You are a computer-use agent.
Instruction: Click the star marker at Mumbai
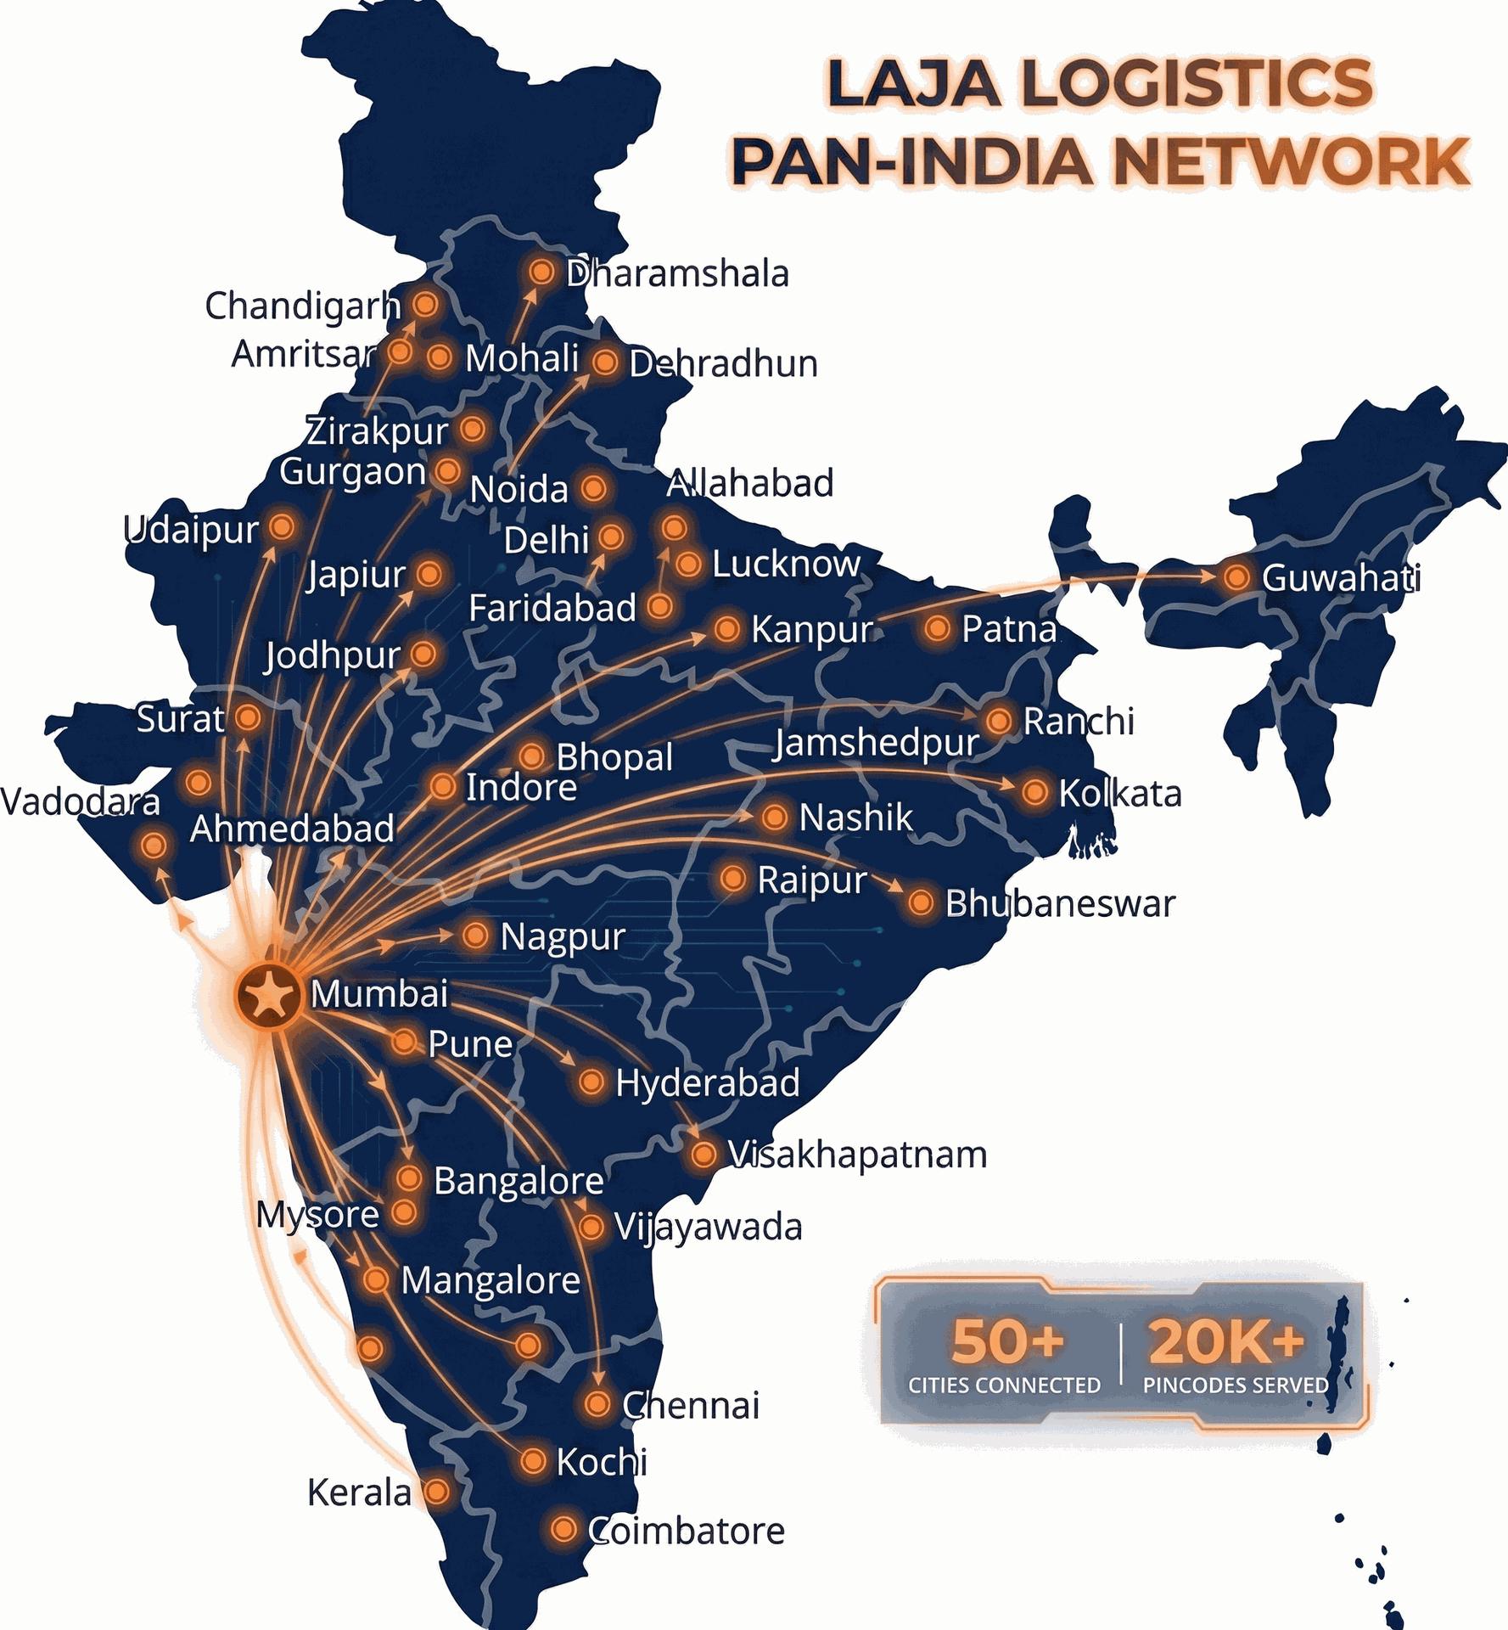coord(269,994)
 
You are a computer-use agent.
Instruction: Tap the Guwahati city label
coord(1341,578)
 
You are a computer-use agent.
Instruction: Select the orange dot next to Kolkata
coord(1034,792)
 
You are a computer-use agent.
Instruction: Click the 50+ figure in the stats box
coord(1007,1341)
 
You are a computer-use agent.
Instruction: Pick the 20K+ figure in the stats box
coord(1226,1341)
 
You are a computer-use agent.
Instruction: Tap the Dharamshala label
coord(677,274)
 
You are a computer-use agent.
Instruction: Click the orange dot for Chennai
coord(597,1403)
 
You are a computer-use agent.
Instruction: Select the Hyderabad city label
coord(707,1083)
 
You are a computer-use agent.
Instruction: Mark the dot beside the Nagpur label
coord(475,936)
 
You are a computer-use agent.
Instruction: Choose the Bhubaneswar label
coord(1060,903)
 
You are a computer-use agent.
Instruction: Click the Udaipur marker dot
coord(282,527)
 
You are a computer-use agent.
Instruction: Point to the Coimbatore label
coord(687,1531)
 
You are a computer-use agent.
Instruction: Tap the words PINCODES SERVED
coord(1236,1385)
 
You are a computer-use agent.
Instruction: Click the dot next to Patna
coord(937,628)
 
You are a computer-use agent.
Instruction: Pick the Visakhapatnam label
coord(857,1155)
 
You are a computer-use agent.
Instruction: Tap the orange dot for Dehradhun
coord(605,363)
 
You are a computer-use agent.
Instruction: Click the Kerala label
coord(359,1492)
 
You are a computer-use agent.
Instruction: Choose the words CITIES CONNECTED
coord(1004,1385)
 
